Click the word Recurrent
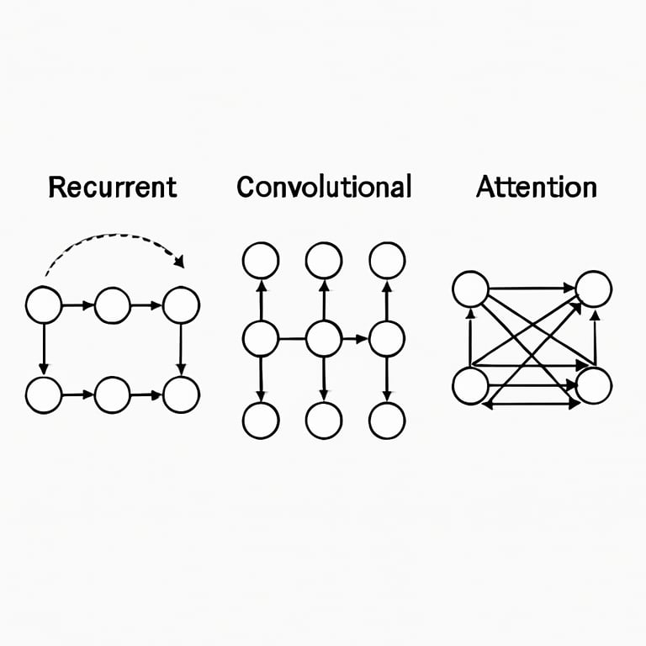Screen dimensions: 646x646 tap(113, 186)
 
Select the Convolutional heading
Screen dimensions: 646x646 tap(324, 186)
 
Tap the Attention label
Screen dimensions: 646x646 tap(537, 186)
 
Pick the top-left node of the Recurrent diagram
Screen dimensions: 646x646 tap(44, 304)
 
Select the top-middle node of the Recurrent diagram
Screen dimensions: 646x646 tap(113, 304)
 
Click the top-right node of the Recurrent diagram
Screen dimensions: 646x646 tap(181, 304)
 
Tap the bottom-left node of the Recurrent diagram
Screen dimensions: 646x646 tap(44, 394)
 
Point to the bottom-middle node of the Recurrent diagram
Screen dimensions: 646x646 tap(113, 394)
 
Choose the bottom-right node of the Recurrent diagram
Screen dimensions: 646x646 tap(181, 394)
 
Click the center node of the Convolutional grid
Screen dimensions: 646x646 tap(324, 339)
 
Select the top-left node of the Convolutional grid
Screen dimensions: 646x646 tap(261, 260)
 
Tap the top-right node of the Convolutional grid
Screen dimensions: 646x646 tap(387, 260)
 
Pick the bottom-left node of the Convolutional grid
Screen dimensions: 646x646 tap(261, 420)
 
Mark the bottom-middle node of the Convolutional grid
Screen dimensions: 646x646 tap(324, 420)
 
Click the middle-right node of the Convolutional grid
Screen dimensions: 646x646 tap(387, 339)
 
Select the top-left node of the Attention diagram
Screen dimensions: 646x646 tap(470, 289)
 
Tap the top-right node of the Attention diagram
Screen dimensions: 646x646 tap(594, 289)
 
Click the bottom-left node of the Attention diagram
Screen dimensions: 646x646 tap(470, 386)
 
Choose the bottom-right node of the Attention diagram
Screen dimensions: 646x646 tap(594, 385)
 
